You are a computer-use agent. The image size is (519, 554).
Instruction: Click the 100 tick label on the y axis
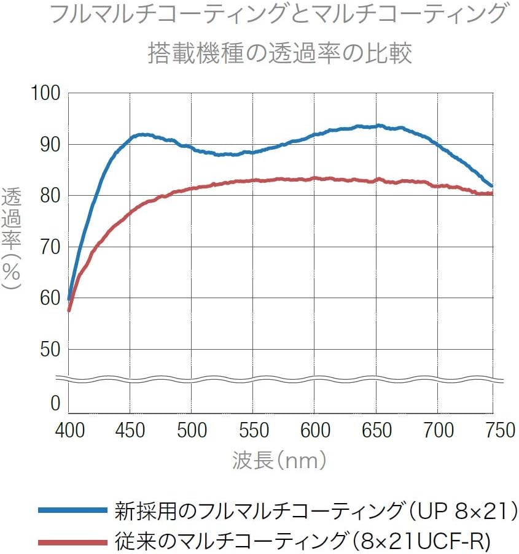pyautogui.click(x=46, y=94)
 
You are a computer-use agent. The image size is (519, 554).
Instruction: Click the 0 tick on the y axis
pyautogui.click(x=55, y=403)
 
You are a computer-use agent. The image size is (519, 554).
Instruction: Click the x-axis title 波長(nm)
pyautogui.click(x=279, y=460)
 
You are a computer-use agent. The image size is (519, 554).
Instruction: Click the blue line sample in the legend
pyautogui.click(x=72, y=510)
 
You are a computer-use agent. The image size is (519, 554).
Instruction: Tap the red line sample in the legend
pyautogui.click(x=72, y=541)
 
